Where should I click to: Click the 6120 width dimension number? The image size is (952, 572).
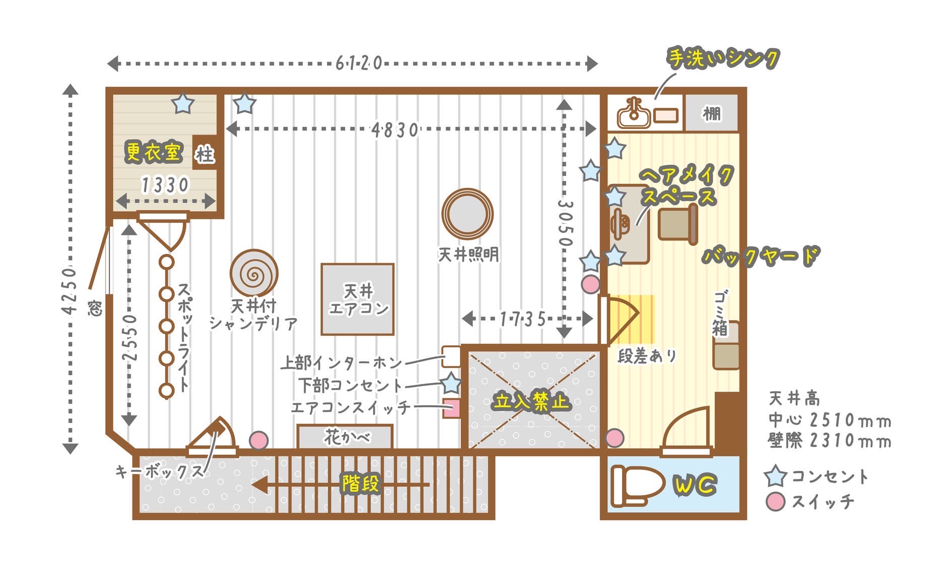[x=359, y=63]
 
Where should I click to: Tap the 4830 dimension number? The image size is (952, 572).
[x=395, y=130]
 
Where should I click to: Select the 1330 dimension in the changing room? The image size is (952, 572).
[x=165, y=185]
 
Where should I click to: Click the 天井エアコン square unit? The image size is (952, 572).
[x=358, y=299]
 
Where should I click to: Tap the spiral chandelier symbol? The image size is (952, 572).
[x=254, y=274]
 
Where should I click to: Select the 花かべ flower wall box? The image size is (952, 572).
[x=345, y=436]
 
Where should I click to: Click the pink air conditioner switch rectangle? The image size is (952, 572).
[x=452, y=408]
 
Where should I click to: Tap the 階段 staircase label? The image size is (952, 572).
[x=360, y=484]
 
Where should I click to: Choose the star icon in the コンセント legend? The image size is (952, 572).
[x=775, y=477]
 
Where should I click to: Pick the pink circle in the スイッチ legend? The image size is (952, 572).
[x=775, y=502]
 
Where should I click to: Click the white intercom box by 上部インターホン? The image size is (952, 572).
[x=451, y=356]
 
